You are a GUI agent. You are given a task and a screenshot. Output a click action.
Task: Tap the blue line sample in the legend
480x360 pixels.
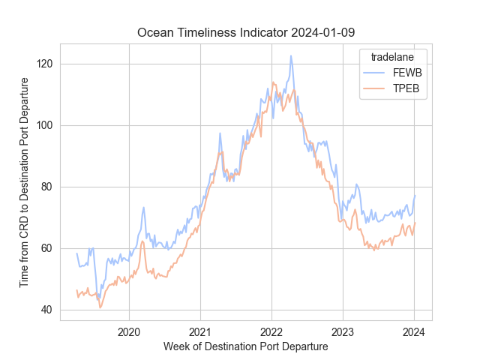point(375,73)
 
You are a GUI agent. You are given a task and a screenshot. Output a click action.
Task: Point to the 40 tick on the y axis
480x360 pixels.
point(46,310)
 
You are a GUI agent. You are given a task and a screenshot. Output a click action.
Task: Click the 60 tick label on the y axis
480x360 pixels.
point(46,248)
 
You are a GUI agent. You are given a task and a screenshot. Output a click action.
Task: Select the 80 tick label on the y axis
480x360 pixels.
point(46,187)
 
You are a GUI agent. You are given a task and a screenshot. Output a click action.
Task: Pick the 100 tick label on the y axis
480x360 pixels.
point(44,125)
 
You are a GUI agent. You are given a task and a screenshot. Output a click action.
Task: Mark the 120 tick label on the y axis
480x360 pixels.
point(44,64)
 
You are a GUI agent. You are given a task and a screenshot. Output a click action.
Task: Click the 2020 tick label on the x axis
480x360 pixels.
point(129,332)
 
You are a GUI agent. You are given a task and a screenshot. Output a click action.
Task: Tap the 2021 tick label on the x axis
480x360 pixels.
point(200,332)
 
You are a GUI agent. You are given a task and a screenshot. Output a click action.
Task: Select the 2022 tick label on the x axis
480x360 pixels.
point(271,332)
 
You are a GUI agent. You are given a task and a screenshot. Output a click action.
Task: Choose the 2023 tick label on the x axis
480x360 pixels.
point(343,332)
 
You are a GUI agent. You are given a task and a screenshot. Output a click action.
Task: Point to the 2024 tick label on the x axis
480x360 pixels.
point(414,332)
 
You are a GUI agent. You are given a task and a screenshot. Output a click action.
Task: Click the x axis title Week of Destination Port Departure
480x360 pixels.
point(245,346)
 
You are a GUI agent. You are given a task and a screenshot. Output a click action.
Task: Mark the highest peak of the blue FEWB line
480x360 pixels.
point(291,55)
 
